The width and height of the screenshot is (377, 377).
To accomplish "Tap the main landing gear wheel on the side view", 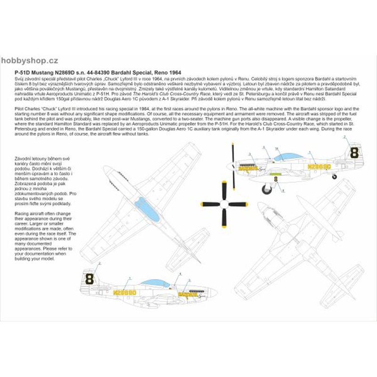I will pyautogui.click(x=267, y=188).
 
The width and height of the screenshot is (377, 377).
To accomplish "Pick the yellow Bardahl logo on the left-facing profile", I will pyautogui.click(x=247, y=167).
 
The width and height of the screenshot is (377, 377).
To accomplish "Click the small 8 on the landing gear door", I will pyautogui.click(x=277, y=179).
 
